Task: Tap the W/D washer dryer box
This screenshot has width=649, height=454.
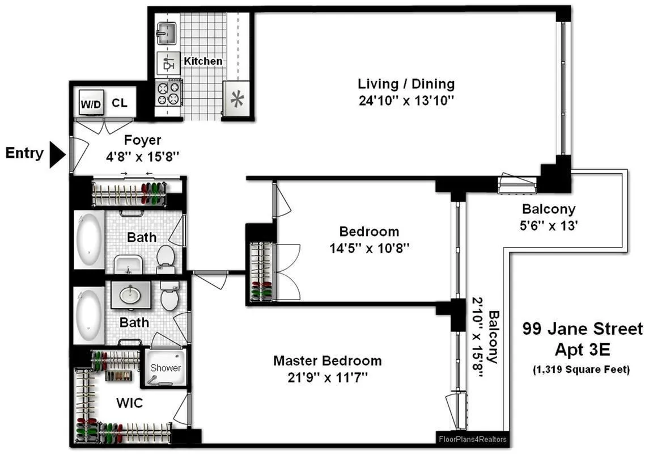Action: [90, 103]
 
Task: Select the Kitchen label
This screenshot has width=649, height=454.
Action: [203, 61]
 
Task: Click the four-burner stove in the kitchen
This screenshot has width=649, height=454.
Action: [168, 94]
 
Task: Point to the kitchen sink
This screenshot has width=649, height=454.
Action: [167, 32]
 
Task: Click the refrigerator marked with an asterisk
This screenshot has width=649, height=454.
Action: [235, 99]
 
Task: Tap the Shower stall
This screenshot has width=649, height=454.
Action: [166, 368]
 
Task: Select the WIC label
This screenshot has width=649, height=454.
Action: [129, 403]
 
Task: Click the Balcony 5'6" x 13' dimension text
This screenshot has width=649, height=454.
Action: [549, 224]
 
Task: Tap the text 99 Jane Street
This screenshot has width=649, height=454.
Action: [582, 329]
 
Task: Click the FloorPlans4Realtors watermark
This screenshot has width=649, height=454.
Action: [473, 439]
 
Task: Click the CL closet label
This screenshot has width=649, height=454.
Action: [120, 103]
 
